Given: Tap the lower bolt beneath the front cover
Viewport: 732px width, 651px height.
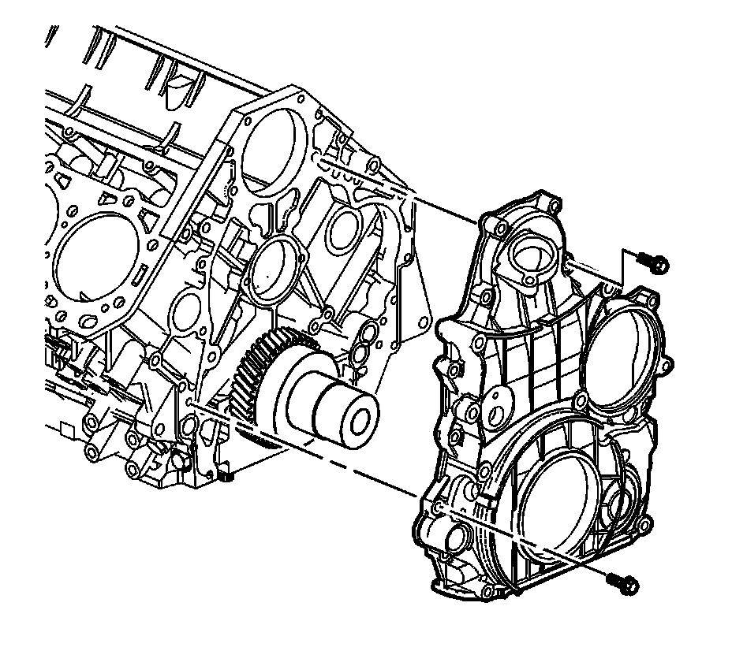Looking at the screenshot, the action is [625, 583].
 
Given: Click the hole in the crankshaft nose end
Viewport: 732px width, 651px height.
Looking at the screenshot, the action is [361, 421].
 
